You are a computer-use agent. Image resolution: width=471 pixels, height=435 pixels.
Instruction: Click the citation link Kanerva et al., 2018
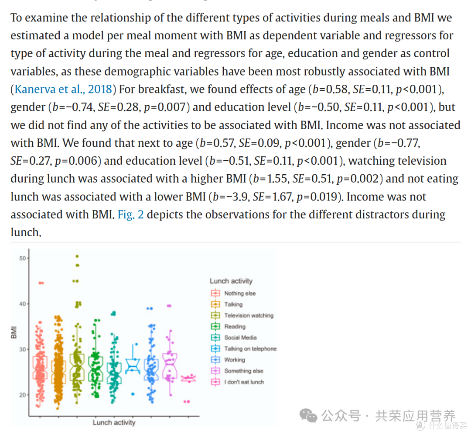[63, 90]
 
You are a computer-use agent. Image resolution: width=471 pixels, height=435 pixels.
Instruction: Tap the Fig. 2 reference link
[131, 214]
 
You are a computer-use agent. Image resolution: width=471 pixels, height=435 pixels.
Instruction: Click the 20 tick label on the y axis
[23, 395]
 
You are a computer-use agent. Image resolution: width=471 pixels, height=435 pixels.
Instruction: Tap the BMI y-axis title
[14, 332]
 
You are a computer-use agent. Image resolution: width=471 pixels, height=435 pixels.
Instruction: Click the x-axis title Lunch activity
[114, 423]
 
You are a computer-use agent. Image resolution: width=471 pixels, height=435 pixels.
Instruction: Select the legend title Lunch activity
[231, 281]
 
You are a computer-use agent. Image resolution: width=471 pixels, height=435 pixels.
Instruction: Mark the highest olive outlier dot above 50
[77, 256]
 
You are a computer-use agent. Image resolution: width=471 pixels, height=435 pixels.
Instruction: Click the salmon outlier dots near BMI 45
[41, 283]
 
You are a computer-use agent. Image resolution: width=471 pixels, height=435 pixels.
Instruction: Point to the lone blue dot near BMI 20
[133, 394]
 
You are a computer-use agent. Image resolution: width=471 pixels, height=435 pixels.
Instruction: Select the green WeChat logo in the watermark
[308, 415]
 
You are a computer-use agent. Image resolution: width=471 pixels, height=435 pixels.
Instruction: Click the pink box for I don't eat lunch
[188, 379]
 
